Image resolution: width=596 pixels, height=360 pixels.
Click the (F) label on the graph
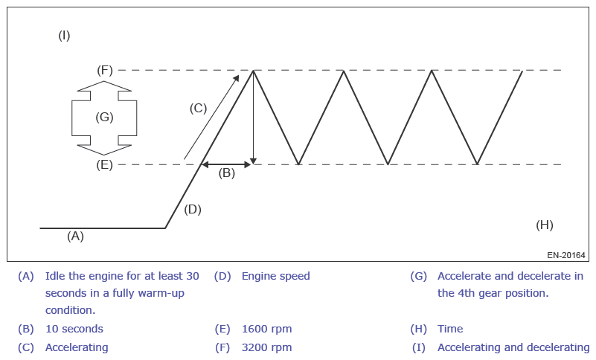105,70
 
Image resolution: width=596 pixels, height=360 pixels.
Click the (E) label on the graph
105,164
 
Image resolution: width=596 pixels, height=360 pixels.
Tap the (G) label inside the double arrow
104,118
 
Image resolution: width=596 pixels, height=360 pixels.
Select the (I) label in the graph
64,35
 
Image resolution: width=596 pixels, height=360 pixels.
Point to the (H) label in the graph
545,224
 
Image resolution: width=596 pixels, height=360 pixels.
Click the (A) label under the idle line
75,237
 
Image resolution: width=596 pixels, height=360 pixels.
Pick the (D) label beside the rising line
193,209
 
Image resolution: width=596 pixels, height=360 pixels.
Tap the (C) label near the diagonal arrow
197,108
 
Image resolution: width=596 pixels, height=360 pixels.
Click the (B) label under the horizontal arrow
226,173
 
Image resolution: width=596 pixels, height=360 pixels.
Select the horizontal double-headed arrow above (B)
227,164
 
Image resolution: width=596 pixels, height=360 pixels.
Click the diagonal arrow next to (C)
211,117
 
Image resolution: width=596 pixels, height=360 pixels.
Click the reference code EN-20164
565,255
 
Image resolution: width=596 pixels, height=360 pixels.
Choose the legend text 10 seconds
74,328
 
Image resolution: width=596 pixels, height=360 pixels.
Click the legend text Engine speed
275,276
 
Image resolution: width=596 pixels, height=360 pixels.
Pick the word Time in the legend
449,328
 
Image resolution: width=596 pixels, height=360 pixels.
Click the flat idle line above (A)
102,228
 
